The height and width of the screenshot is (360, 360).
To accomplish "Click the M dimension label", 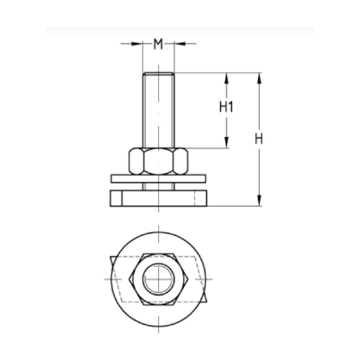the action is (x=158, y=44).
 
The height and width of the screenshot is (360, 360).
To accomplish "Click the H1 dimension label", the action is (x=226, y=107).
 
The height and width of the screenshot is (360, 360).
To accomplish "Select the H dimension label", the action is (x=259, y=139).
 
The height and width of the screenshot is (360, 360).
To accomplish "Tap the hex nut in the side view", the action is (x=158, y=161).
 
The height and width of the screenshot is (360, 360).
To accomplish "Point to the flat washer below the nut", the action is (x=158, y=179).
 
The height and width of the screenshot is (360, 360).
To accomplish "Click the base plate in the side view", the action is (x=158, y=198).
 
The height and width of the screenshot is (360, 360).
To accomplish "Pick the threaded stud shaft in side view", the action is (x=159, y=110).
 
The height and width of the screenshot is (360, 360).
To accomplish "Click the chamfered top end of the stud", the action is (x=159, y=73).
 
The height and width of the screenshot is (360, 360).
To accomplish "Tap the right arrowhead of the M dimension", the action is (x=180, y=44).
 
